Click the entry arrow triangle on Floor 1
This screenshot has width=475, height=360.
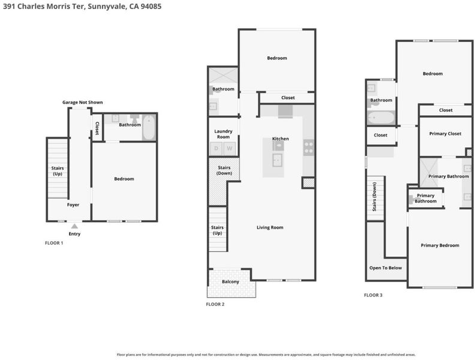pyautogui.click(x=74, y=226)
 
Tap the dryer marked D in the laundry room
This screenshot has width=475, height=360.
pyautogui.click(x=217, y=148)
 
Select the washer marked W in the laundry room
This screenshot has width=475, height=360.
pyautogui.click(x=230, y=148)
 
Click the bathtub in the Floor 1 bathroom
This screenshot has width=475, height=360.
pyautogui.click(x=149, y=127)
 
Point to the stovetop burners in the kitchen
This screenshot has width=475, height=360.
pyautogui.click(x=309, y=148)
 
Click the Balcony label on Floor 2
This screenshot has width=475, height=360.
pyautogui.click(x=230, y=281)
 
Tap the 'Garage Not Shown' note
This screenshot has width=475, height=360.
pyautogui.click(x=82, y=103)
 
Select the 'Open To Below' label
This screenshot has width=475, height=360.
pyautogui.click(x=386, y=268)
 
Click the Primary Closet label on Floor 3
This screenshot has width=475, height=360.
pyautogui.click(x=445, y=134)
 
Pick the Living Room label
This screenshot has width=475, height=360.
pyautogui.click(x=270, y=227)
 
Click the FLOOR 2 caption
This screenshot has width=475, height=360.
pyautogui.click(x=215, y=304)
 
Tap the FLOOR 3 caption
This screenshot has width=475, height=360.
pyautogui.click(x=373, y=295)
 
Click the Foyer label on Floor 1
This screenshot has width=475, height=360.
pyautogui.click(x=73, y=205)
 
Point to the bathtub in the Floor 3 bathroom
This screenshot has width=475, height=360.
pyautogui.click(x=381, y=118)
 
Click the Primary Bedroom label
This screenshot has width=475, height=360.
pyautogui.click(x=440, y=245)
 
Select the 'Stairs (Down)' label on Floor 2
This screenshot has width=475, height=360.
pyautogui.click(x=224, y=170)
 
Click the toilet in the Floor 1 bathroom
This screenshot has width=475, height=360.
pyautogui.click(x=134, y=118)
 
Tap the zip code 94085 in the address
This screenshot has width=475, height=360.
pyautogui.click(x=151, y=7)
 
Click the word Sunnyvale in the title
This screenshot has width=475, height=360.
pyautogui.click(x=106, y=7)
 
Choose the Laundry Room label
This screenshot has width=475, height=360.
pyautogui.click(x=223, y=134)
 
